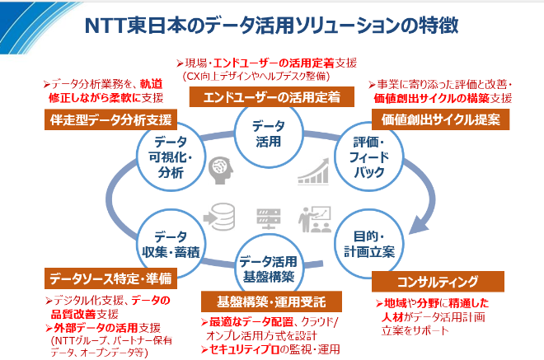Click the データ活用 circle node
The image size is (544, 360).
268,133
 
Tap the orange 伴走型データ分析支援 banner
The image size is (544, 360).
114,119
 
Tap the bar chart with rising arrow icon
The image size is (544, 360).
314,169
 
